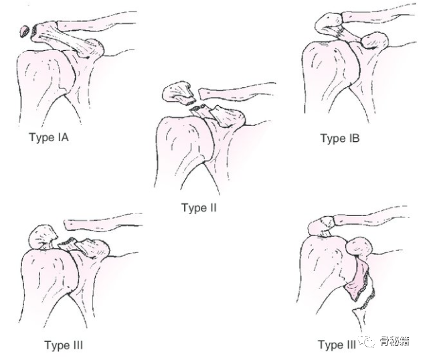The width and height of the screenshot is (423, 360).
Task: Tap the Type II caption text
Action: tap(199, 208)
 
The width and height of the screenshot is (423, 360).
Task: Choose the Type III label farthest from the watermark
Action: tap(64, 345)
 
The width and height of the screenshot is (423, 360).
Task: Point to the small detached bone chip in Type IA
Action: tap(25, 30)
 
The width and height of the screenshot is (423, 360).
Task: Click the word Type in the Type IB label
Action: tap(333, 139)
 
